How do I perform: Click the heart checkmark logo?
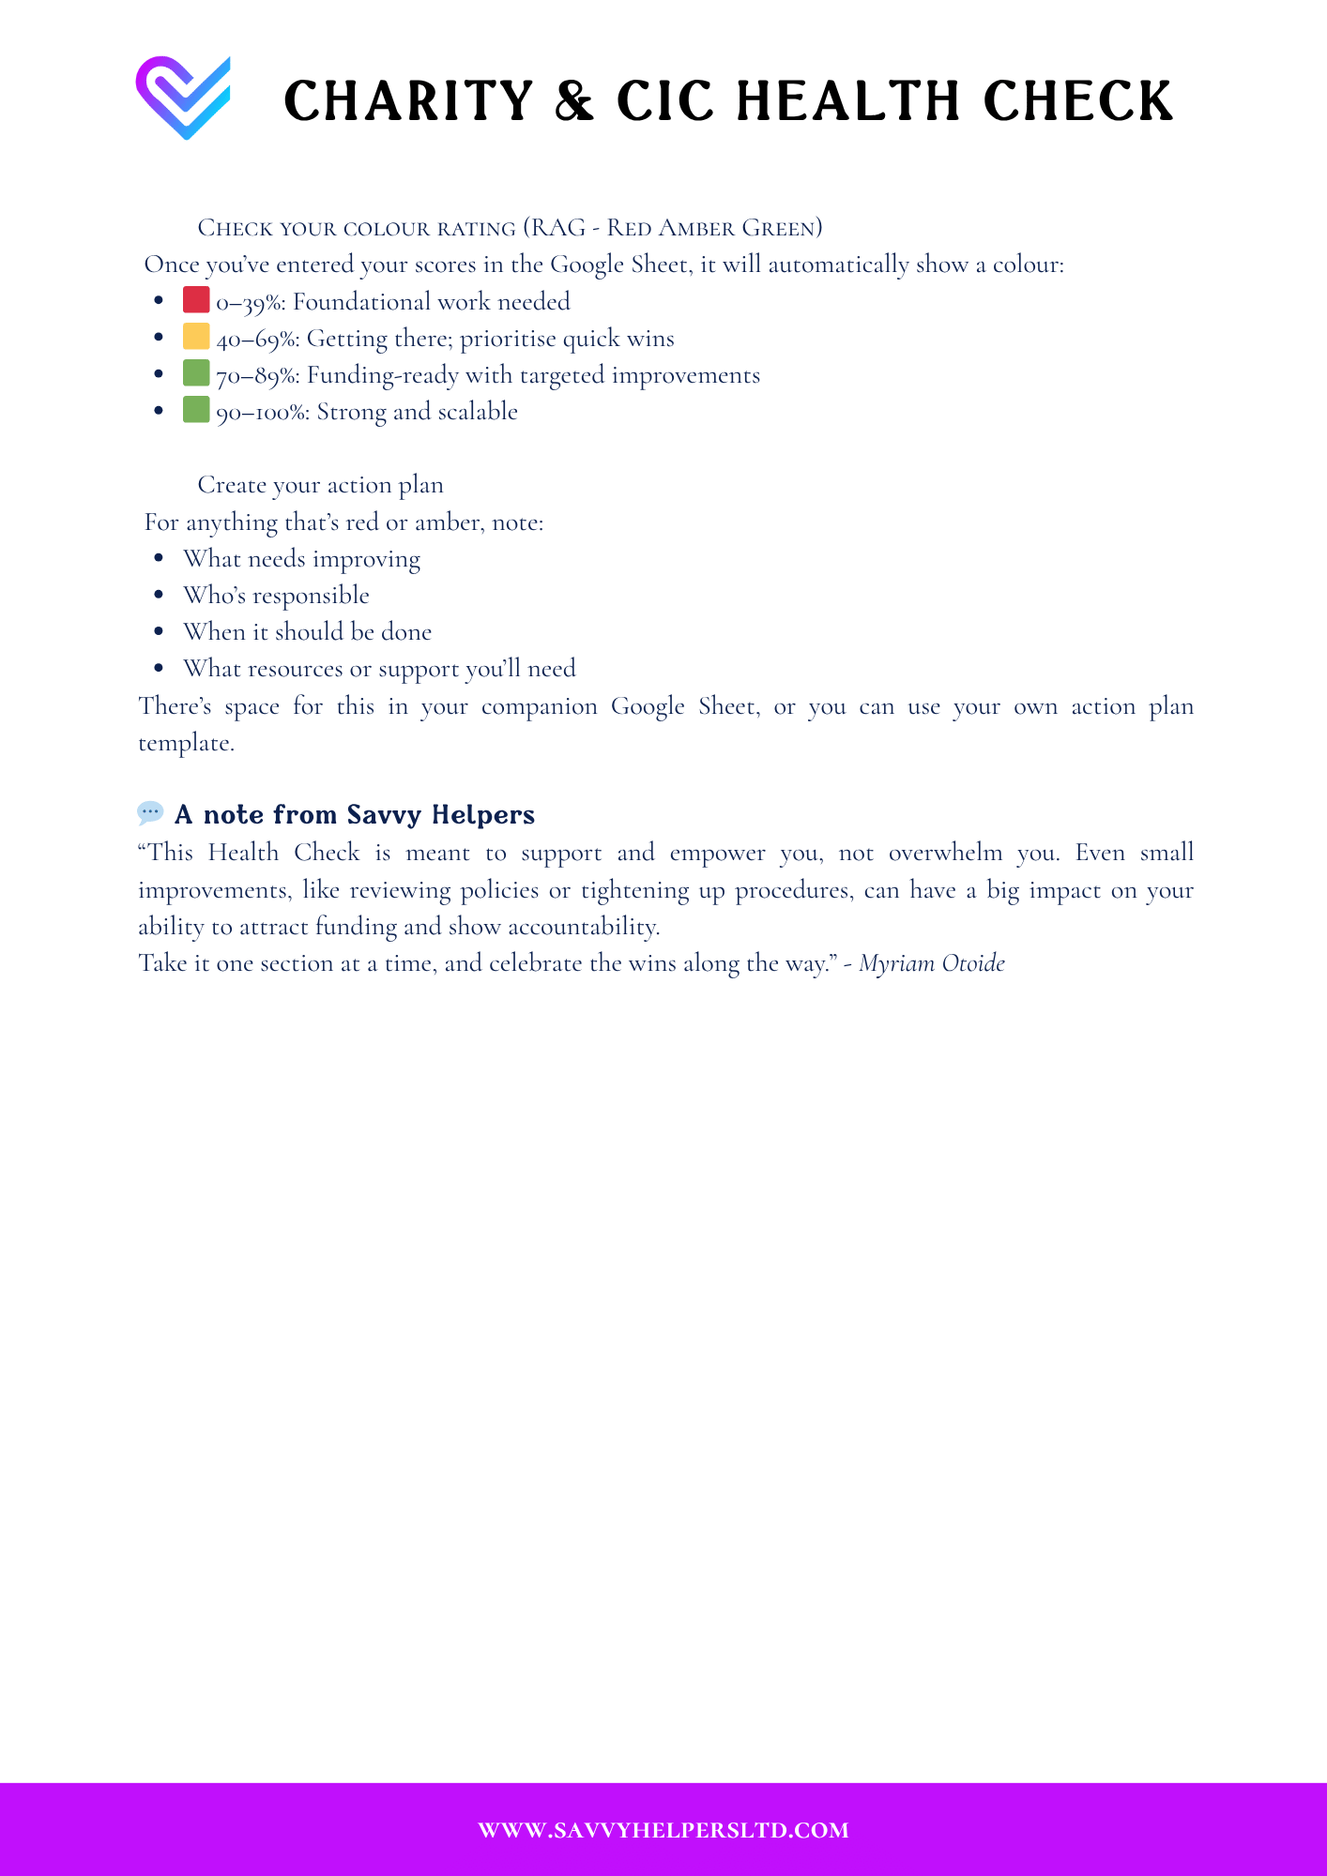pyautogui.click(x=184, y=98)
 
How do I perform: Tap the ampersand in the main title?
pyautogui.click(x=574, y=101)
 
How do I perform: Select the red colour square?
pyautogui.click(x=196, y=300)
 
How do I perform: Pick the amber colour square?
pyautogui.click(x=196, y=336)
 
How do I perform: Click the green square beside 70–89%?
pyautogui.click(x=196, y=373)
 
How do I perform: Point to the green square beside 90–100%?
pyautogui.click(x=196, y=410)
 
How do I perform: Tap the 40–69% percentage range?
pyautogui.click(x=256, y=339)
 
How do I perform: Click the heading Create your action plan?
pyautogui.click(x=320, y=485)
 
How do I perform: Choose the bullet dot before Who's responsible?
pyautogui.click(x=159, y=596)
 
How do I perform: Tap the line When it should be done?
pyautogui.click(x=307, y=632)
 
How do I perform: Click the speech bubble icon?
pyautogui.click(x=150, y=812)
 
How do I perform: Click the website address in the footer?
pyautogui.click(x=663, y=1830)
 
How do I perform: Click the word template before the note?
pyautogui.click(x=185, y=743)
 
